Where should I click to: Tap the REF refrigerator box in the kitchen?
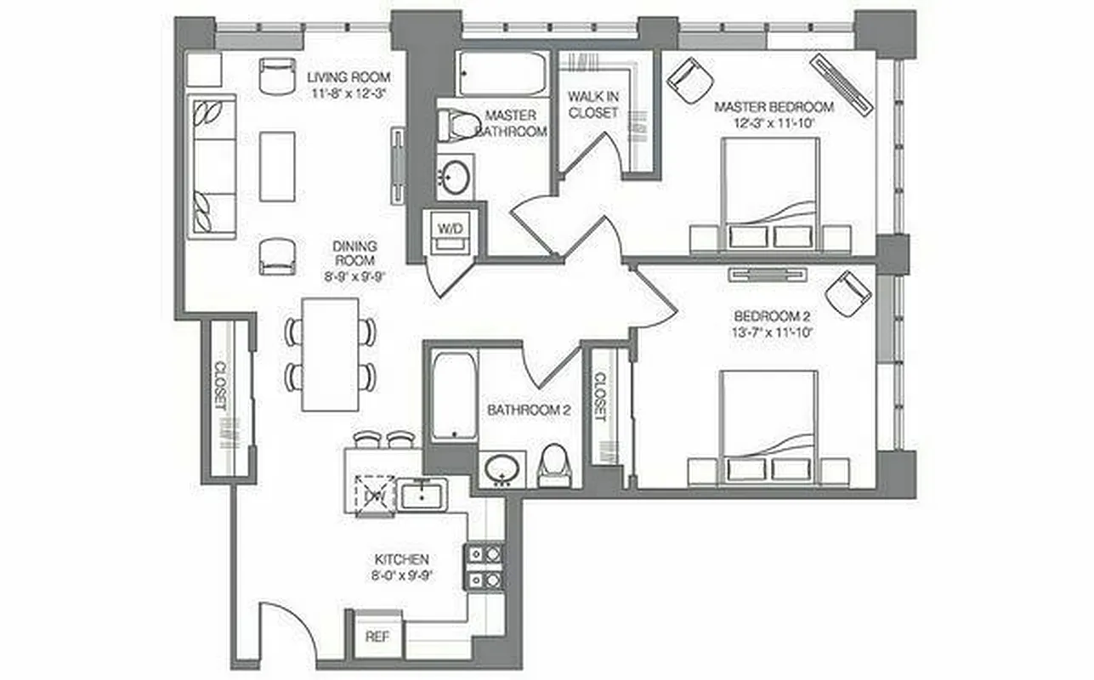tap(377, 636)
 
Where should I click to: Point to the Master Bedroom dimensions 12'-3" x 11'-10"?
tap(774, 122)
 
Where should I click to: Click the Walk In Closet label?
tap(593, 104)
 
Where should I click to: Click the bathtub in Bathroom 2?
tap(453, 396)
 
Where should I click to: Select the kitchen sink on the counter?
tap(422, 494)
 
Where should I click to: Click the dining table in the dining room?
tap(331, 354)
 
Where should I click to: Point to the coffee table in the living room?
tap(277, 166)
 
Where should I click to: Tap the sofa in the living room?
tap(211, 166)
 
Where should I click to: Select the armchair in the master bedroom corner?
tap(689, 78)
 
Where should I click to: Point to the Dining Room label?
tap(355, 252)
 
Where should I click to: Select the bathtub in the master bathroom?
tap(501, 75)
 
